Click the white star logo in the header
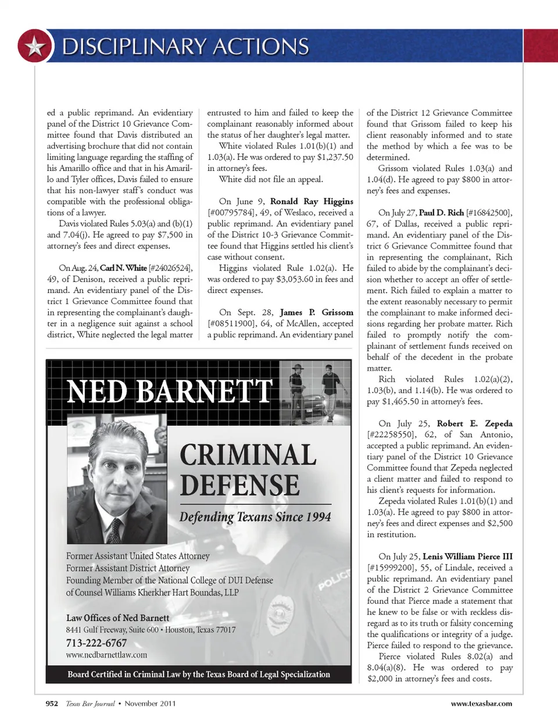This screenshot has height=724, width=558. coord(35,46)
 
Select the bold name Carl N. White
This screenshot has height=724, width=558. coord(123,268)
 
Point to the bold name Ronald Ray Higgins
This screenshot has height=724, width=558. coord(312,201)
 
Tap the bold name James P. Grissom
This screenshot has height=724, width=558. coord(316,312)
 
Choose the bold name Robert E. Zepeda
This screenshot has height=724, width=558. coord(474,423)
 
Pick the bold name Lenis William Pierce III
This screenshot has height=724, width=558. coord(467,557)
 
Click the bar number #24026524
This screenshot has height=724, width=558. coord(171,268)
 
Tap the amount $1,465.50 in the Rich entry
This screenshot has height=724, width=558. coord(406,402)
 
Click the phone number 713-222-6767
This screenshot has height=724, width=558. coord(96,643)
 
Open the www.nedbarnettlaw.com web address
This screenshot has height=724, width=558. coord(106,655)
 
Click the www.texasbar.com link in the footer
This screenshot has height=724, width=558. coord(481,704)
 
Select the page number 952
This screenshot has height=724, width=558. coord(52,704)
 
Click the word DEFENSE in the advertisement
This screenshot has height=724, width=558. coord(239,486)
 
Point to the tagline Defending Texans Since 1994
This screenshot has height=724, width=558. coord(255,517)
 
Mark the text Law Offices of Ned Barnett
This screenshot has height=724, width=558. coord(117,618)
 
